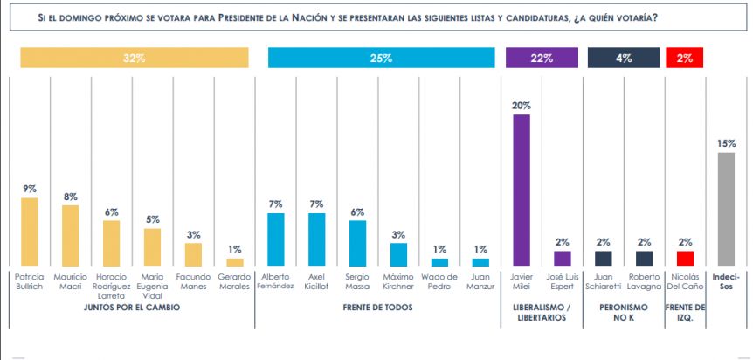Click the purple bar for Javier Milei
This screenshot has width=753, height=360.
(522, 190)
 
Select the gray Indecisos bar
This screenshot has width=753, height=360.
(726, 209)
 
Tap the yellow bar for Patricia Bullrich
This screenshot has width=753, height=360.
(30, 232)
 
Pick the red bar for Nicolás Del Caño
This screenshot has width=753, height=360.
(685, 258)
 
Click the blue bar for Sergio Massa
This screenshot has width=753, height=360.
(358, 243)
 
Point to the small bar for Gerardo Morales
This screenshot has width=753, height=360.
(235, 262)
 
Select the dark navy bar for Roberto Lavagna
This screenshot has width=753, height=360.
(645, 258)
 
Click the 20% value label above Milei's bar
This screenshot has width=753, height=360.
(522, 106)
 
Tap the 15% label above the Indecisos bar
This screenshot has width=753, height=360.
(727, 143)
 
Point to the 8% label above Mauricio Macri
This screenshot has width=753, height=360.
(71, 197)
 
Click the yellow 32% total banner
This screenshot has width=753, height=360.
(135, 59)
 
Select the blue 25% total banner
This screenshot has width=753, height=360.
(381, 59)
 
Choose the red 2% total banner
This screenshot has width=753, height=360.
(685, 59)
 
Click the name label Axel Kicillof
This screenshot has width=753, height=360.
(317, 282)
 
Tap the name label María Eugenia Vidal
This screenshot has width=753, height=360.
(153, 287)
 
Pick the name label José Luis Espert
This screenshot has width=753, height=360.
(563, 282)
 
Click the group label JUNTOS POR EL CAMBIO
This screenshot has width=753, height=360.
(133, 307)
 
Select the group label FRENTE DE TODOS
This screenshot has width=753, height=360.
(377, 307)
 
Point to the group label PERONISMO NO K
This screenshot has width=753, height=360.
(624, 311)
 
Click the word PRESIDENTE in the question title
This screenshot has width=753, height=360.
(249, 18)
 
